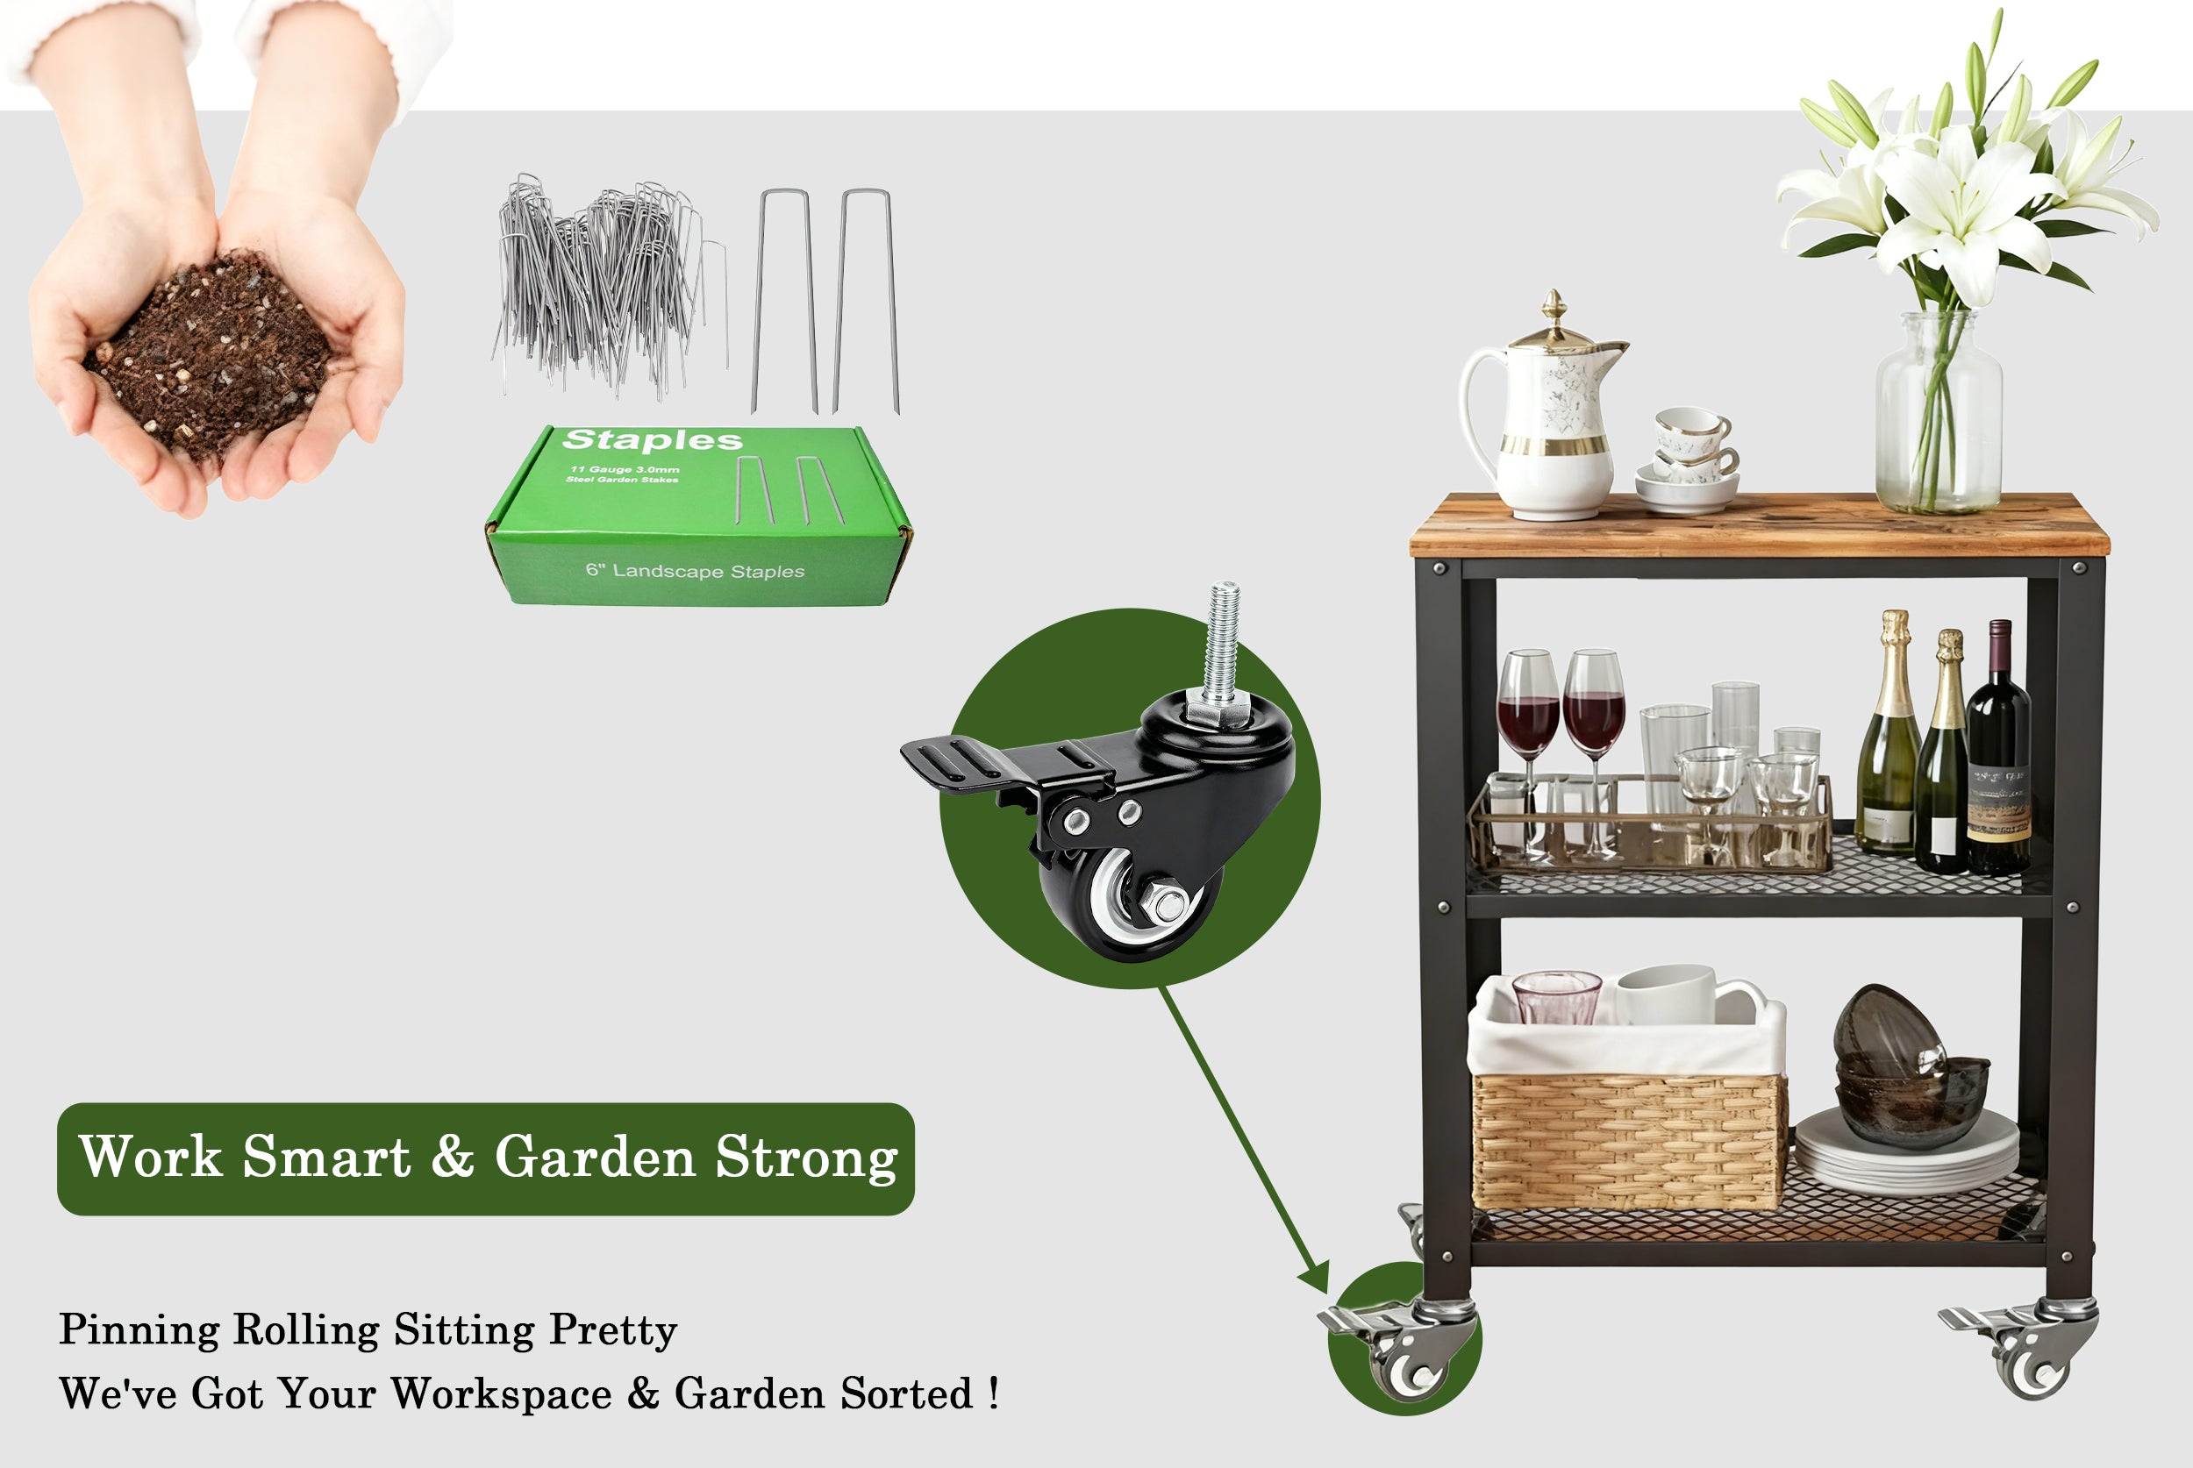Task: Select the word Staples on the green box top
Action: pyautogui.click(x=653, y=440)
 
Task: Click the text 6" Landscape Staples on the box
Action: pyautogui.click(x=695, y=571)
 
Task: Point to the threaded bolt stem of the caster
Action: pyautogui.click(x=1222, y=646)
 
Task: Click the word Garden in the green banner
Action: pyautogui.click(x=595, y=1158)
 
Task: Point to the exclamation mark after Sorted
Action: pyautogui.click(x=994, y=1393)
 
